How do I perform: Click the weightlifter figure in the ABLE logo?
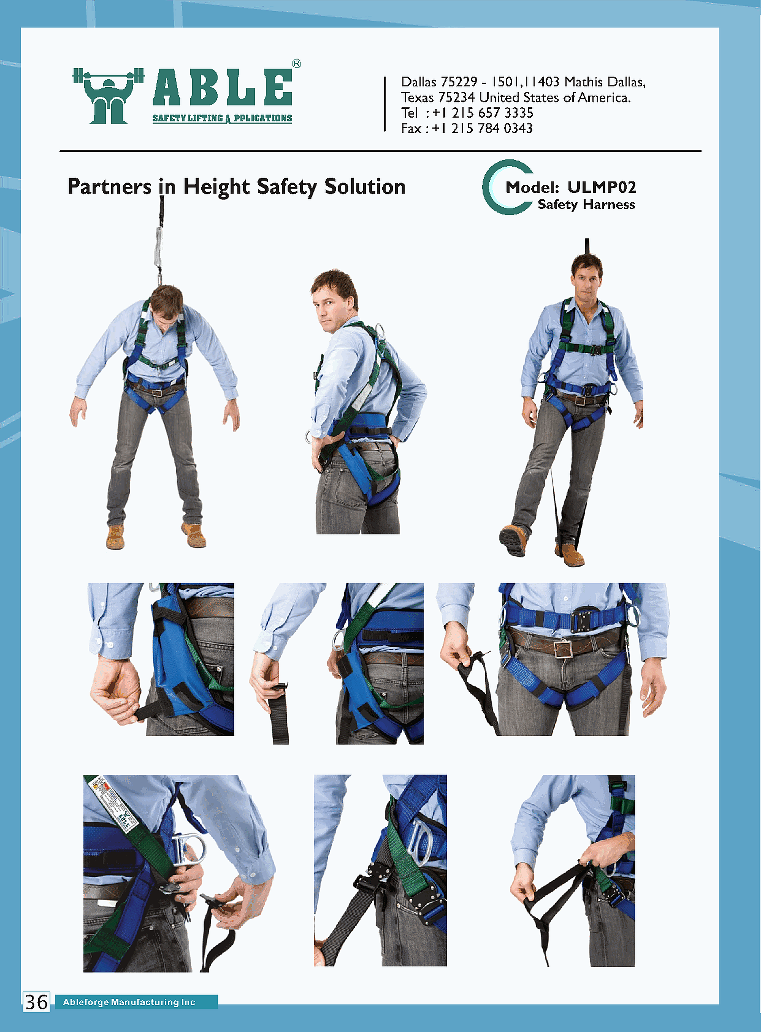(x=108, y=96)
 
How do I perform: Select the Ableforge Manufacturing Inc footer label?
(x=129, y=1002)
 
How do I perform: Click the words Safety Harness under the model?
(x=586, y=205)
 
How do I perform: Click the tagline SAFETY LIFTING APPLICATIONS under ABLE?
(x=222, y=118)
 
